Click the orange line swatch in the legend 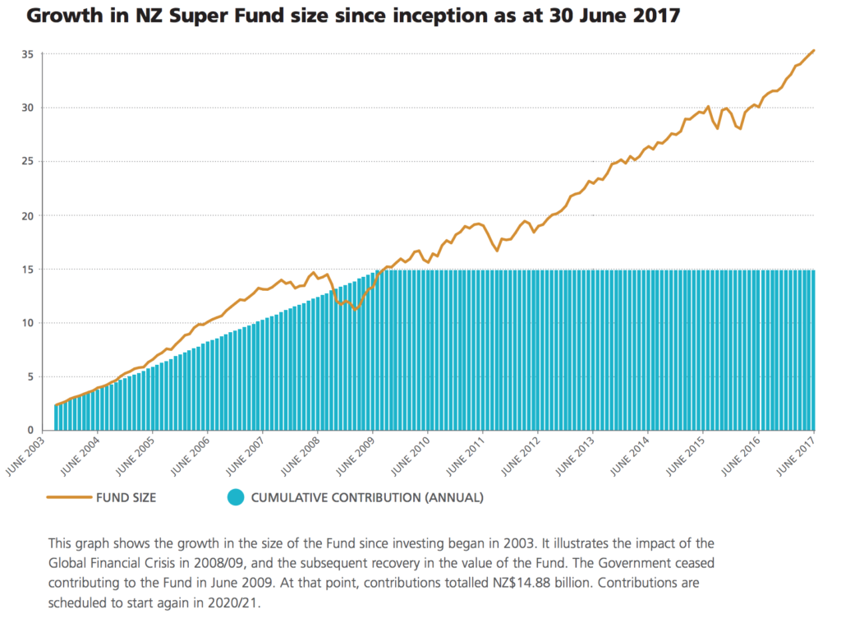tap(68, 497)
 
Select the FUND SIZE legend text tap(126, 497)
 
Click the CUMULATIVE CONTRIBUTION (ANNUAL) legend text tap(367, 497)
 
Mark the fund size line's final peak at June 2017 tap(813, 51)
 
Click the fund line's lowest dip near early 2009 tap(356, 309)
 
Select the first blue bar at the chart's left tap(56, 418)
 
